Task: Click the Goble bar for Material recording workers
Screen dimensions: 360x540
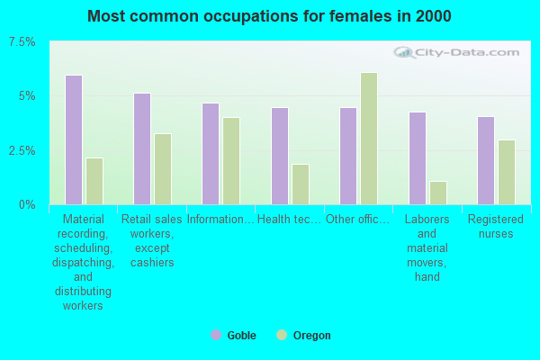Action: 74,139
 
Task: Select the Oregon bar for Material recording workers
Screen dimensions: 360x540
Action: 94,181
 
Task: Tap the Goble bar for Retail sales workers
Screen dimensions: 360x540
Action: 142,148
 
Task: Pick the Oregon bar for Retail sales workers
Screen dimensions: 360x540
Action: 163,169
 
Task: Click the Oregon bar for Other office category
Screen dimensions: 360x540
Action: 369,139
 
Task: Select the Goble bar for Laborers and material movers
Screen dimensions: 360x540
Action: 418,158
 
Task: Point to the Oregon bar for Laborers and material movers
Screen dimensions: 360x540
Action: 438,193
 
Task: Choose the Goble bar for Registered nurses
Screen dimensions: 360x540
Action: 486,160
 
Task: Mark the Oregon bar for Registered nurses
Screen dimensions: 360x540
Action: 507,172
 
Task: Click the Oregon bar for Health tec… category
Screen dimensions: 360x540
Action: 301,184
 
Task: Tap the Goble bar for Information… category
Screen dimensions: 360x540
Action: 211,154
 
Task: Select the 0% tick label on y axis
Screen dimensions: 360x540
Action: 27,204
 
